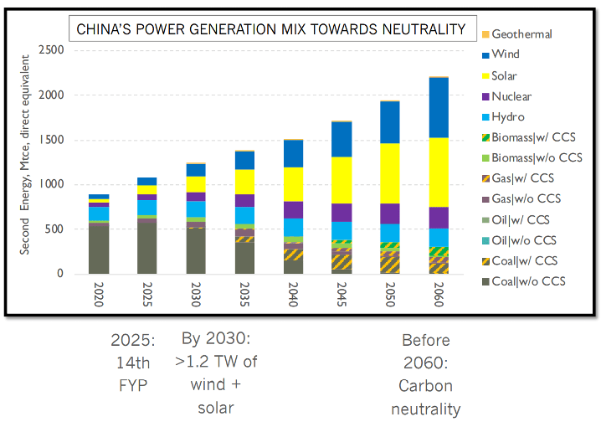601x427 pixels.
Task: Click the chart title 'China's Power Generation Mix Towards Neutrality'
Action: coord(270,30)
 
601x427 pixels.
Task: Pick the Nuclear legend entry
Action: coord(511,96)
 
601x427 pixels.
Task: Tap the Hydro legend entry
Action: coord(508,117)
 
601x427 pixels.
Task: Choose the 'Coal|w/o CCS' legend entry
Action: coord(528,280)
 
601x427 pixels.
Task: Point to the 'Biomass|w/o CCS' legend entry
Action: coord(533,158)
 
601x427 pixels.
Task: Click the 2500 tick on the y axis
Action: coord(52,50)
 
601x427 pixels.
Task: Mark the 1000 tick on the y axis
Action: coord(52,184)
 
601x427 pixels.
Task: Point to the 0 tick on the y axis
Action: coord(60,274)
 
